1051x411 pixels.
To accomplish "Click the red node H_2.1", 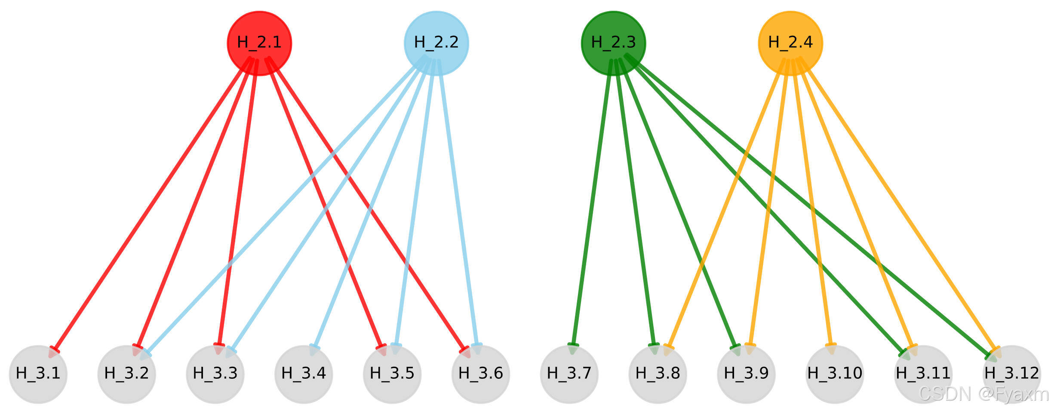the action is pyautogui.click(x=259, y=43).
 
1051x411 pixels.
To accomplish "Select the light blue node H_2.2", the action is pyautogui.click(x=436, y=43).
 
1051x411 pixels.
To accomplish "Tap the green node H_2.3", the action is pyautogui.click(x=613, y=43).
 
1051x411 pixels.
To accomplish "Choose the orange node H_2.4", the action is pyautogui.click(x=790, y=43).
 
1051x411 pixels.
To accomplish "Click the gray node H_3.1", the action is pyautogui.click(x=38, y=374).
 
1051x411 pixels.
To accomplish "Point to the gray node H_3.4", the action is pyautogui.click(x=304, y=374).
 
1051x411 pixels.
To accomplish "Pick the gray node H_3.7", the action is pyautogui.click(x=569, y=374).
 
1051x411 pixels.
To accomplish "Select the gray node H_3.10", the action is pyautogui.click(x=835, y=374).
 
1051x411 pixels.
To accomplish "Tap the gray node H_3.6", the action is pyautogui.click(x=481, y=374).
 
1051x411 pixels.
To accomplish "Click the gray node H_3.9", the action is pyautogui.click(x=746, y=374).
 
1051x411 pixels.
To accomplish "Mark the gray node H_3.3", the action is pyautogui.click(x=215, y=374).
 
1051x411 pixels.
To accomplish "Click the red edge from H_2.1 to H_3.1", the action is pyautogui.click(x=151, y=206).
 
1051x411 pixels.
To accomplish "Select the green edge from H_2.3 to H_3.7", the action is pyautogui.click(x=592, y=206).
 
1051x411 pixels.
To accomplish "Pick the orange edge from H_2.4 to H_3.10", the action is pyautogui.click(x=812, y=206).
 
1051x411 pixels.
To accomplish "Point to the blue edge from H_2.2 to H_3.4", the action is pyautogui.click(x=372, y=206).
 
